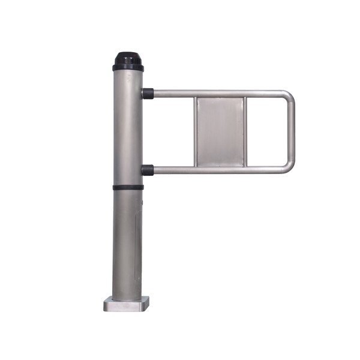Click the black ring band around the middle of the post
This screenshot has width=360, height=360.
click(128, 188)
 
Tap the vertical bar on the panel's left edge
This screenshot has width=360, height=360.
click(196, 131)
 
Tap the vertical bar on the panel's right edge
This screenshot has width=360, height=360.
click(245, 131)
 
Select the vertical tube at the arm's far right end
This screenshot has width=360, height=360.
click(292, 131)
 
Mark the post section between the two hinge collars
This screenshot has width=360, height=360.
click(128, 132)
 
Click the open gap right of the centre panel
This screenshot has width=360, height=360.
click(267, 131)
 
